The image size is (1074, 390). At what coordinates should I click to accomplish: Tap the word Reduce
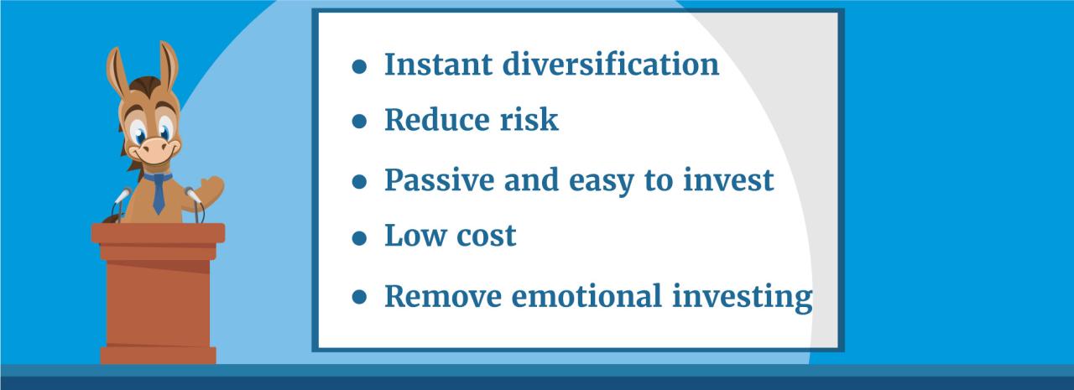432,120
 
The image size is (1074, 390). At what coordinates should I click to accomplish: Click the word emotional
587,296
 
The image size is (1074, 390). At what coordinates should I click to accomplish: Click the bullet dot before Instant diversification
360,68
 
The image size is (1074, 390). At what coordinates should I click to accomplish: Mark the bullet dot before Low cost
360,239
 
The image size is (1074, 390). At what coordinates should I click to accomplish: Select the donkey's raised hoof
211,186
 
